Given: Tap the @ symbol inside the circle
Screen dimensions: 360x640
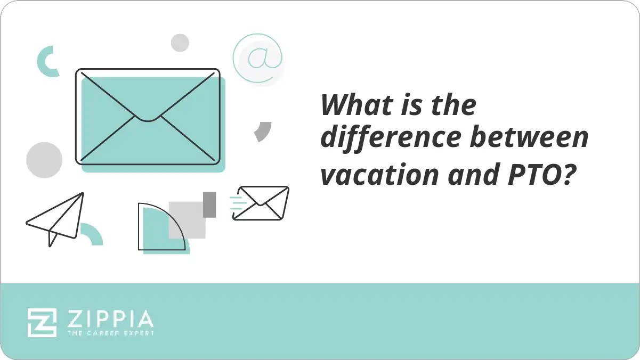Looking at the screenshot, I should (257, 58).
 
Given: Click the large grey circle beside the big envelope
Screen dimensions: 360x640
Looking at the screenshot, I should (44, 160).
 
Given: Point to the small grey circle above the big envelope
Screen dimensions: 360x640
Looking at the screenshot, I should (180, 43).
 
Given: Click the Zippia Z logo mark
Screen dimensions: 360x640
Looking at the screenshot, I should (42, 322).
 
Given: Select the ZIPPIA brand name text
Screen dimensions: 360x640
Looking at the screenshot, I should (110, 319).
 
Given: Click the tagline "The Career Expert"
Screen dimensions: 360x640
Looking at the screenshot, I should (110, 333).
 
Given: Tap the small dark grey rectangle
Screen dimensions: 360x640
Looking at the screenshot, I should (209, 204).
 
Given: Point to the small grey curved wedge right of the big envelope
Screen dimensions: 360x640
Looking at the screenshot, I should (263, 131).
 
